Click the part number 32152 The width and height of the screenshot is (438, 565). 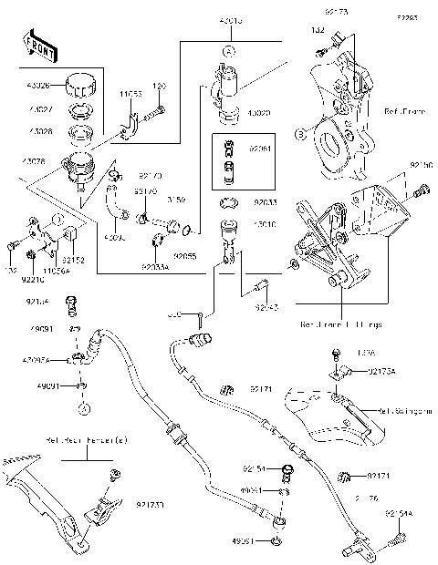click(73, 260)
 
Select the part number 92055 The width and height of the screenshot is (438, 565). click(185, 257)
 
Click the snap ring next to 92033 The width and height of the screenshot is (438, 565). click(228, 203)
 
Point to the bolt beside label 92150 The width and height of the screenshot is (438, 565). click(421, 190)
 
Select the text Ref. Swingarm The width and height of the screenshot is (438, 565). click(406, 412)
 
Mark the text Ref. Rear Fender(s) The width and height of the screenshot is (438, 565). click(75, 440)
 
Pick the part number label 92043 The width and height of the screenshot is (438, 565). click(266, 308)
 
